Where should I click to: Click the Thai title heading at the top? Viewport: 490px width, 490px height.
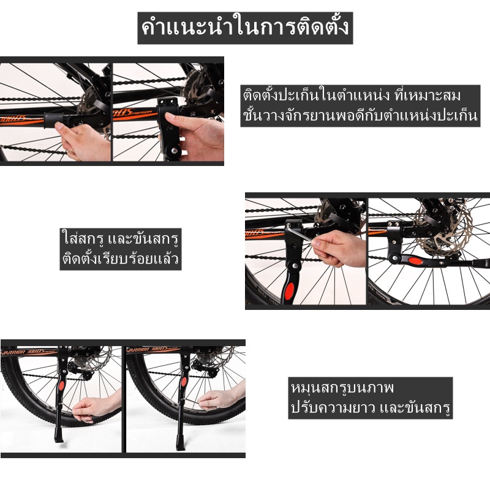(x=245, y=28)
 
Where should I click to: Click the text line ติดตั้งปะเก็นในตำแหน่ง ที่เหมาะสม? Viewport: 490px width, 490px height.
(x=352, y=96)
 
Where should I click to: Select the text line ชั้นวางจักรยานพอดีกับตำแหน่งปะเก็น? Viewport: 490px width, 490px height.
(x=360, y=115)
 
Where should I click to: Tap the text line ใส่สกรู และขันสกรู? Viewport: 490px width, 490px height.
(x=121, y=239)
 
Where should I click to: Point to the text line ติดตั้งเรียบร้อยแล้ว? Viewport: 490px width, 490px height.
(x=120, y=259)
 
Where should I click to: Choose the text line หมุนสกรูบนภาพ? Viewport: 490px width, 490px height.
(x=342, y=388)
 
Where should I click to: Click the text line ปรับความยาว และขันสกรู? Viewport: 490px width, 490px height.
(x=371, y=407)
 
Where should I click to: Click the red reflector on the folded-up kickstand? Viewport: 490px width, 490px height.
(x=415, y=261)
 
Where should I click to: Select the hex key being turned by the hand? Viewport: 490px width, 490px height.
(x=298, y=234)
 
